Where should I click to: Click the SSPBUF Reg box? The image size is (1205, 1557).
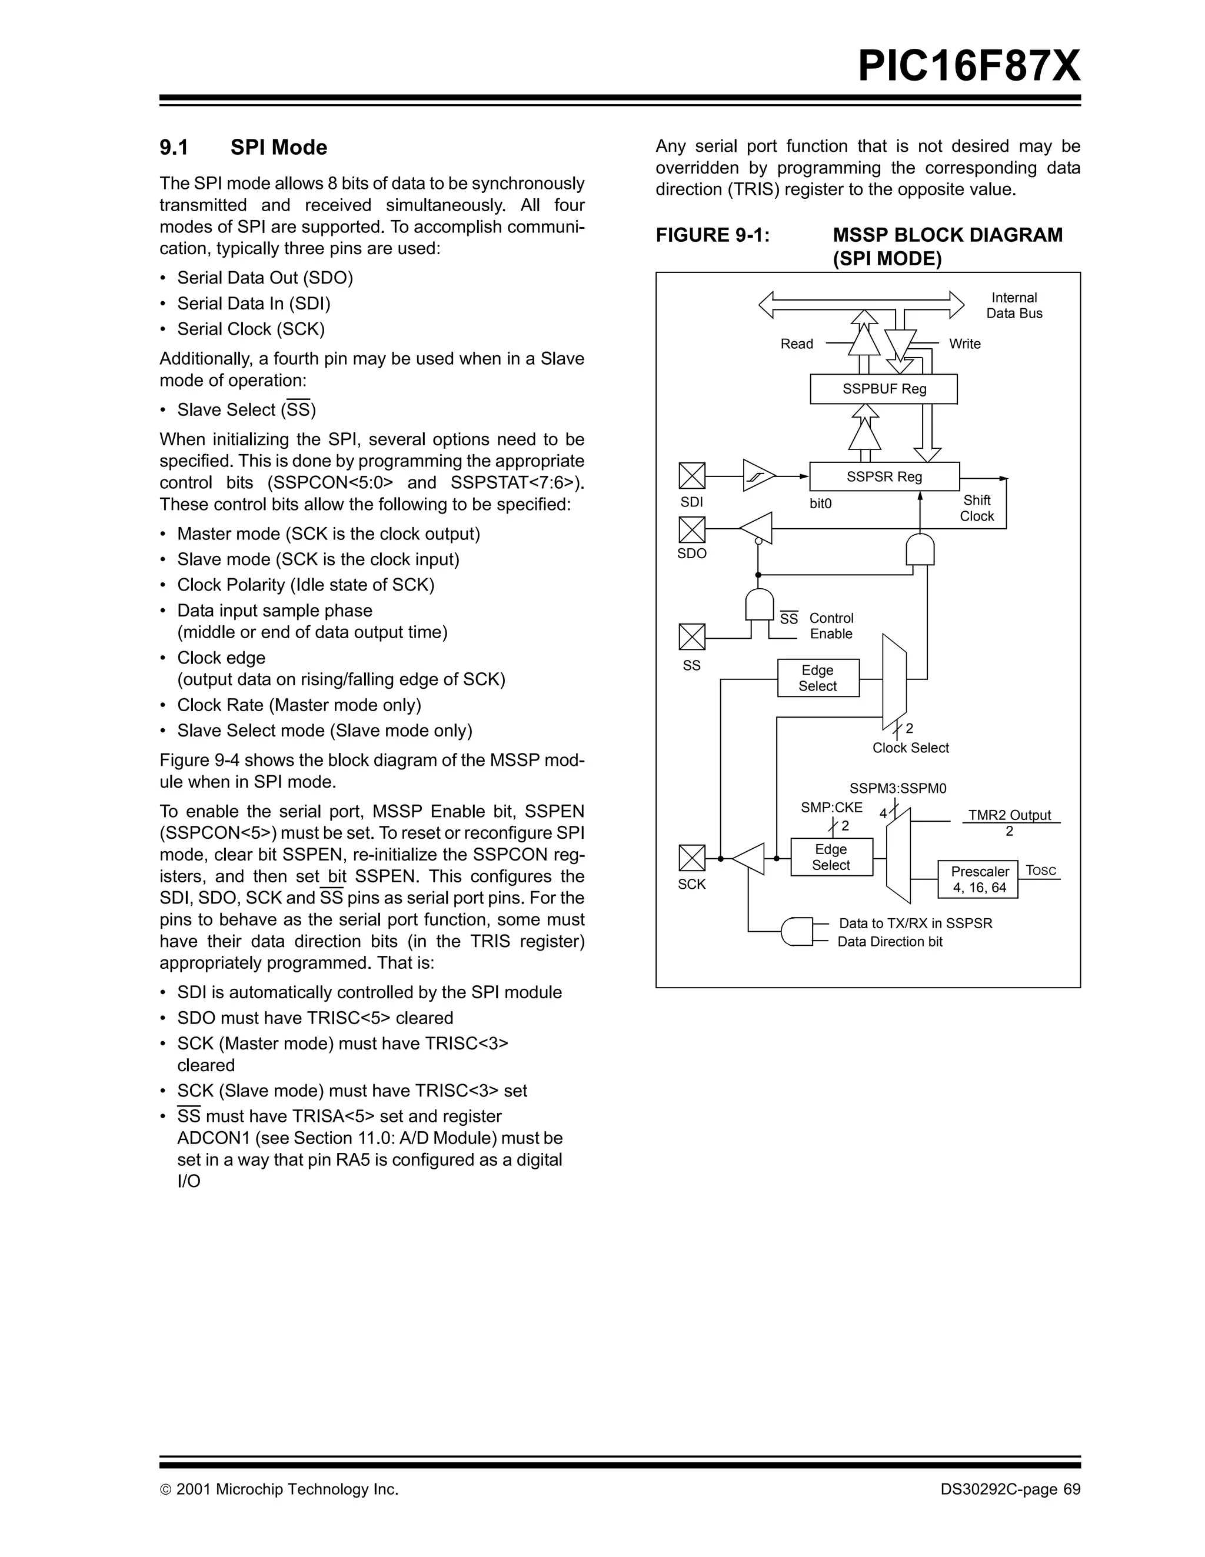(883, 389)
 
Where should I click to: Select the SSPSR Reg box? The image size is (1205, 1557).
(884, 477)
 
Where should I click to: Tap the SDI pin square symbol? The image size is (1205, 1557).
(691, 475)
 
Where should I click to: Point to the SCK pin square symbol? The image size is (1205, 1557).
(691, 858)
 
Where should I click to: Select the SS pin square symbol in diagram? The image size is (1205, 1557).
(691, 636)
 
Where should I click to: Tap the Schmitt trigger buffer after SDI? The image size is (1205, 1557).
(758, 475)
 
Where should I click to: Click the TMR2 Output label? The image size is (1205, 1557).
(1010, 815)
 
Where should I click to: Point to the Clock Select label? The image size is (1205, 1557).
(911, 748)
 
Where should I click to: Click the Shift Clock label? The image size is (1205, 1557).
(976, 508)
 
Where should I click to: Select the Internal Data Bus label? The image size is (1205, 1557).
(1014, 306)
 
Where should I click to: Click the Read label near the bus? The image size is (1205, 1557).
(797, 344)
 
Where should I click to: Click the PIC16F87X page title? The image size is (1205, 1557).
(969, 66)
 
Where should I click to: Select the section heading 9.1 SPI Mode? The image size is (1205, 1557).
(243, 148)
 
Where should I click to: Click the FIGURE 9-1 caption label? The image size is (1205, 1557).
(713, 235)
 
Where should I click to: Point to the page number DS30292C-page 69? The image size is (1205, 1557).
(1010, 1489)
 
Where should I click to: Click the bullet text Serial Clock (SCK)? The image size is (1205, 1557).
(251, 329)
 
